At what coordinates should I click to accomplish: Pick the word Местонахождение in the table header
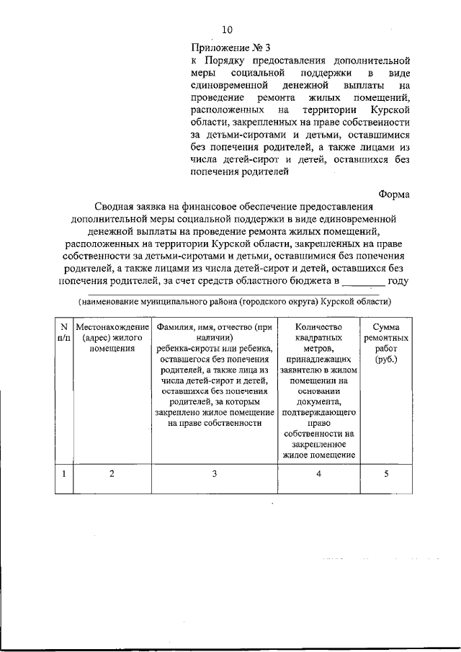(x=112, y=327)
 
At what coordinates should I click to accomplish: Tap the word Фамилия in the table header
(x=176, y=327)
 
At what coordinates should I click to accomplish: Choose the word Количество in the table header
(x=318, y=327)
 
